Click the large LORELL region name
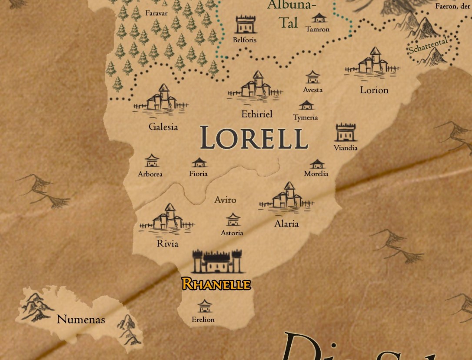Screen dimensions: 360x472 click(x=254, y=138)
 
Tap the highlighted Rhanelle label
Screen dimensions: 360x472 click(x=216, y=284)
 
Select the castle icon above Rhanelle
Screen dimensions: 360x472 click(x=217, y=261)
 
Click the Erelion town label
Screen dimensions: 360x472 click(x=203, y=320)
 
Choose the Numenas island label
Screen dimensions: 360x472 click(x=81, y=320)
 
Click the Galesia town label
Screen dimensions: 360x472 click(x=163, y=127)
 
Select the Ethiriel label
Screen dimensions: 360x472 click(x=257, y=114)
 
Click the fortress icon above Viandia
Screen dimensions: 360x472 click(x=346, y=132)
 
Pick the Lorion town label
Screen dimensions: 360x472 click(x=374, y=90)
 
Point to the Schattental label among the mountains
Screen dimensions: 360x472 click(x=428, y=46)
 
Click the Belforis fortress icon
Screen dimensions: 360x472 click(x=245, y=25)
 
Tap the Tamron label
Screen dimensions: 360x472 click(x=317, y=29)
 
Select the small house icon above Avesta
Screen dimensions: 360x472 click(x=312, y=77)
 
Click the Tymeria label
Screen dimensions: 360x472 click(x=305, y=117)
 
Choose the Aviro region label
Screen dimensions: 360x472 click(x=225, y=200)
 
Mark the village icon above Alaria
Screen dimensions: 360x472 click(x=287, y=197)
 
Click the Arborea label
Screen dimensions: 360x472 click(x=150, y=174)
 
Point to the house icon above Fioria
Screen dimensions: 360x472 click(x=199, y=163)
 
